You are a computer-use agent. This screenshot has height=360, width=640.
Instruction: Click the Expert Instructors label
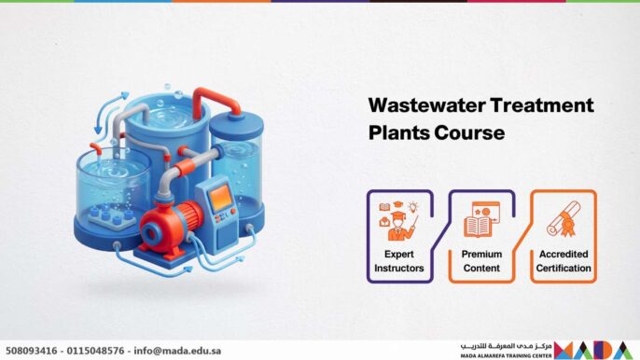tap(398, 261)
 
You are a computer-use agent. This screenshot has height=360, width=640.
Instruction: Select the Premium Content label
tap(481, 261)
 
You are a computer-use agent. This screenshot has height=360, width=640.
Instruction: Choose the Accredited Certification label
tap(563, 261)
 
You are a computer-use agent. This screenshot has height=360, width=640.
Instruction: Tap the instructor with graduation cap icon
tap(398, 221)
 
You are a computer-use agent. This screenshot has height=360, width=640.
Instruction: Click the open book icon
tap(481, 221)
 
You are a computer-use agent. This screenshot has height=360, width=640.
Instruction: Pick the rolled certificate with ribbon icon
tap(563, 221)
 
